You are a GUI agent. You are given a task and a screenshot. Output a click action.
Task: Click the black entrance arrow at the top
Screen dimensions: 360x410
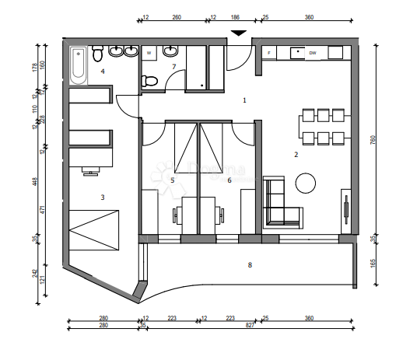(240, 33)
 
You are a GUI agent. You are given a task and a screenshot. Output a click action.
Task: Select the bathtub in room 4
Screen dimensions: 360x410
(78, 66)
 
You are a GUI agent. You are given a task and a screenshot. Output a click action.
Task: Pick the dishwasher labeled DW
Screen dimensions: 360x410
(313, 52)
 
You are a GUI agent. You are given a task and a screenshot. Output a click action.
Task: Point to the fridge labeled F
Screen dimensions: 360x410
(269, 52)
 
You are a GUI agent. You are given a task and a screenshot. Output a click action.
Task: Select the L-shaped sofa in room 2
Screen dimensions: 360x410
(279, 204)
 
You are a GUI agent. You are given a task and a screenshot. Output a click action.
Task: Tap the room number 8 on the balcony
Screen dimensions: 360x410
(250, 266)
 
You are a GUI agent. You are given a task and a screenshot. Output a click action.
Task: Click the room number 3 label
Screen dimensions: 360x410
(102, 197)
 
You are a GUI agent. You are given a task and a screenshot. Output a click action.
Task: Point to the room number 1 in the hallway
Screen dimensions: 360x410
(244, 100)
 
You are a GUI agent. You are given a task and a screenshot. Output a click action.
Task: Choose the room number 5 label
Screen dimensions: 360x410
(173, 180)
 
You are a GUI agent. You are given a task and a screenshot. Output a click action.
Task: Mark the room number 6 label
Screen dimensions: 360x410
(229, 180)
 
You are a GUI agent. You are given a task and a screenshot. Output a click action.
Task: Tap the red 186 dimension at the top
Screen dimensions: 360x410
(236, 16)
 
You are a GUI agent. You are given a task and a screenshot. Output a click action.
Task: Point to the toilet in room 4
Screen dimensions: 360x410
(97, 54)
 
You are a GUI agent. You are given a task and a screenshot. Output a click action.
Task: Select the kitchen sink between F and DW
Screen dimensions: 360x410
(296, 52)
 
